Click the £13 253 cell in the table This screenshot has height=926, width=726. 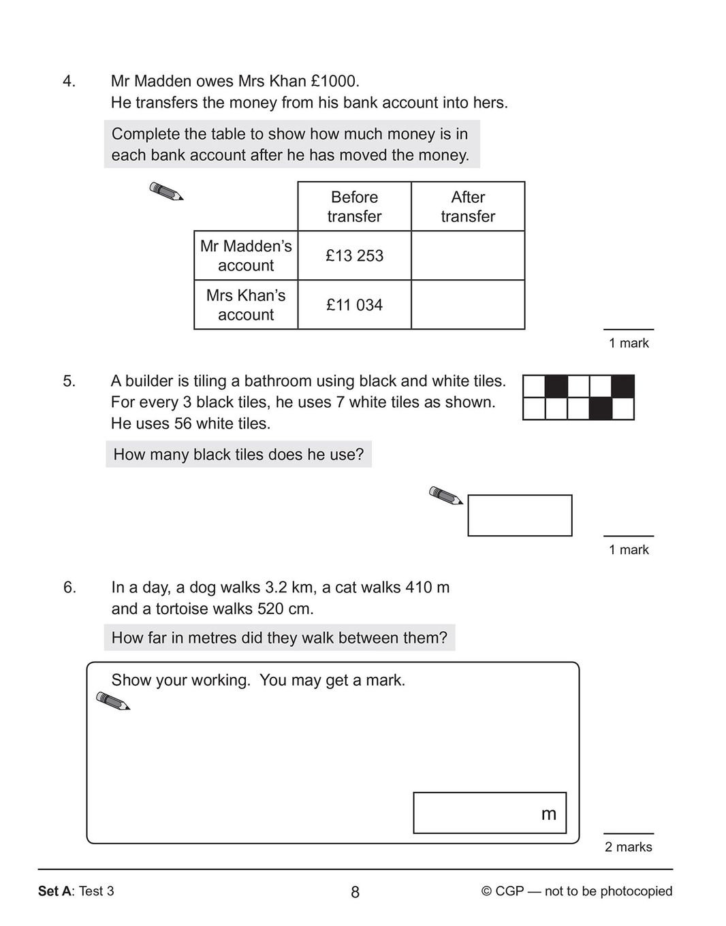354,255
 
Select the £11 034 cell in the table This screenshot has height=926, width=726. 354,304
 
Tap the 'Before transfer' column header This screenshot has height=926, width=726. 354,206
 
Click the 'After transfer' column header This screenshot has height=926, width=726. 468,206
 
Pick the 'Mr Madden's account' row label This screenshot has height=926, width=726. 246,255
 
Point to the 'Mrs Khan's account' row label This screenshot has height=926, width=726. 246,304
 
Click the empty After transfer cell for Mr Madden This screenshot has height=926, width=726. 468,255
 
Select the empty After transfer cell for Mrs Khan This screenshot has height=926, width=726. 468,304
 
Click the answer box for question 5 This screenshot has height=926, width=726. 520,515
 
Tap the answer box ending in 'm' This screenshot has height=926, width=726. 489,813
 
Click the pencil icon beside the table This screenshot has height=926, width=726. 166,191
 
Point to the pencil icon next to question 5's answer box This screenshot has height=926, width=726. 445,495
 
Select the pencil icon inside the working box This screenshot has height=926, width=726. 113,701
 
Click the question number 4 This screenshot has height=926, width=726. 69,82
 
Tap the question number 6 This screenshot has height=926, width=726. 69,587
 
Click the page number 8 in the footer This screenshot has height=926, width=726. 355,892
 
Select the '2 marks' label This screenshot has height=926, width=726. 628,847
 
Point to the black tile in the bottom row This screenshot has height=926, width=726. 600,409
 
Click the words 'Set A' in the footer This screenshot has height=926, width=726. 54,891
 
